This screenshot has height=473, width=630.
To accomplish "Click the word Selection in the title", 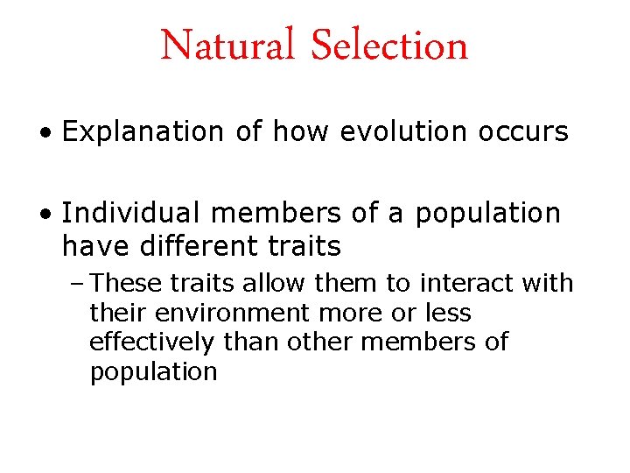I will pyautogui.click(x=390, y=46).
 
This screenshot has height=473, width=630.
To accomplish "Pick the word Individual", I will pyautogui.click(x=129, y=214).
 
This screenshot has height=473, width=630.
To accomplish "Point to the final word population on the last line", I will pyautogui.click(x=153, y=372).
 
